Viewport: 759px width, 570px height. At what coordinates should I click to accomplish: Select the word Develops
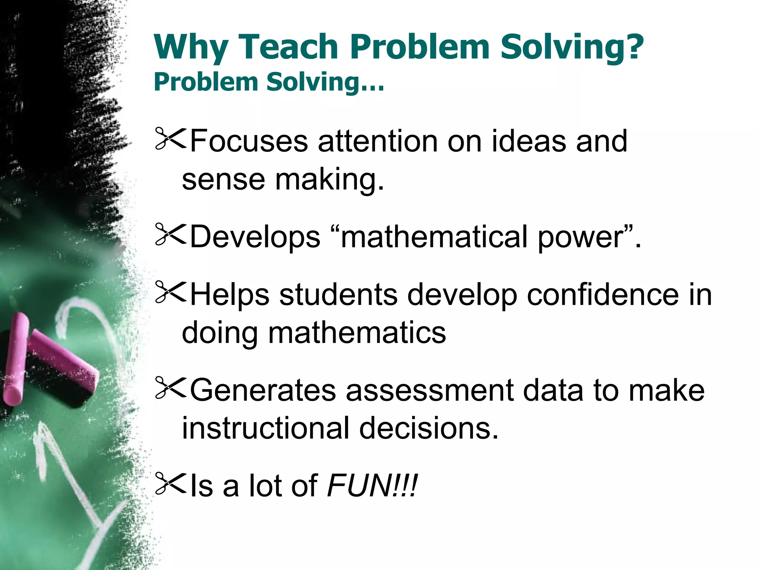[255, 237]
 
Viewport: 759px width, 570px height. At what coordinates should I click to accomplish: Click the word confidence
[603, 295]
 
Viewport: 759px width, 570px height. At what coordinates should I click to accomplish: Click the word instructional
[265, 428]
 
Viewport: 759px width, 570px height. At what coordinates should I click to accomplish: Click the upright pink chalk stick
[16, 358]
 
